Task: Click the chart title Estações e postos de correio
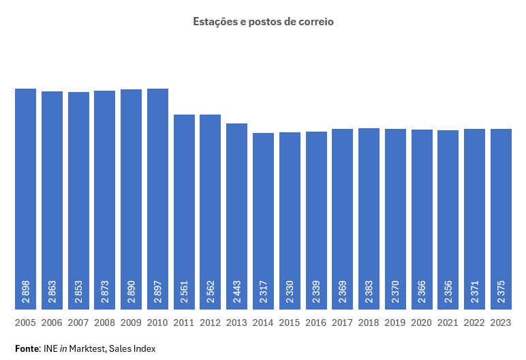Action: (x=263, y=22)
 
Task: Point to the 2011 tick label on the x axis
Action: (x=184, y=322)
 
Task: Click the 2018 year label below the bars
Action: (x=369, y=322)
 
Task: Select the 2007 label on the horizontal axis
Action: (x=78, y=322)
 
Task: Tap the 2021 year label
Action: (x=448, y=322)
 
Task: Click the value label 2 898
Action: (x=25, y=290)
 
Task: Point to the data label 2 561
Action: (x=184, y=290)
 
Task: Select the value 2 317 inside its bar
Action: (x=263, y=290)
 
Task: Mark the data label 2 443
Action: (x=236, y=290)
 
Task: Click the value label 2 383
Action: (x=369, y=290)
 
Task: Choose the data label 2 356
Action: (x=448, y=290)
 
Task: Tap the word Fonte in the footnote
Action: (x=27, y=348)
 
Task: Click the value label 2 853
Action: (x=78, y=290)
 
